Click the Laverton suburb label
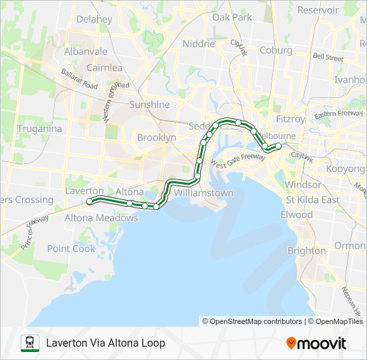[x=85, y=191]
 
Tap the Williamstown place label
[x=204, y=193]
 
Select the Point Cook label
[x=71, y=249]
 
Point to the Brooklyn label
[x=156, y=137]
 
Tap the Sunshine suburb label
[x=149, y=105]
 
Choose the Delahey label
[x=94, y=19]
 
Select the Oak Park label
[x=232, y=17]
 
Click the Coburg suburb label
[x=276, y=50]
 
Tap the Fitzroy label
[x=290, y=119]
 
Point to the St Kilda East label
[x=312, y=199]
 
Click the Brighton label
[x=306, y=251]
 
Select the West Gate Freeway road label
[x=238, y=160]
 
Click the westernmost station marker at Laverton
[x=89, y=201]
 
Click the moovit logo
[x=316, y=343]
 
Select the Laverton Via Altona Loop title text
[x=105, y=343]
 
